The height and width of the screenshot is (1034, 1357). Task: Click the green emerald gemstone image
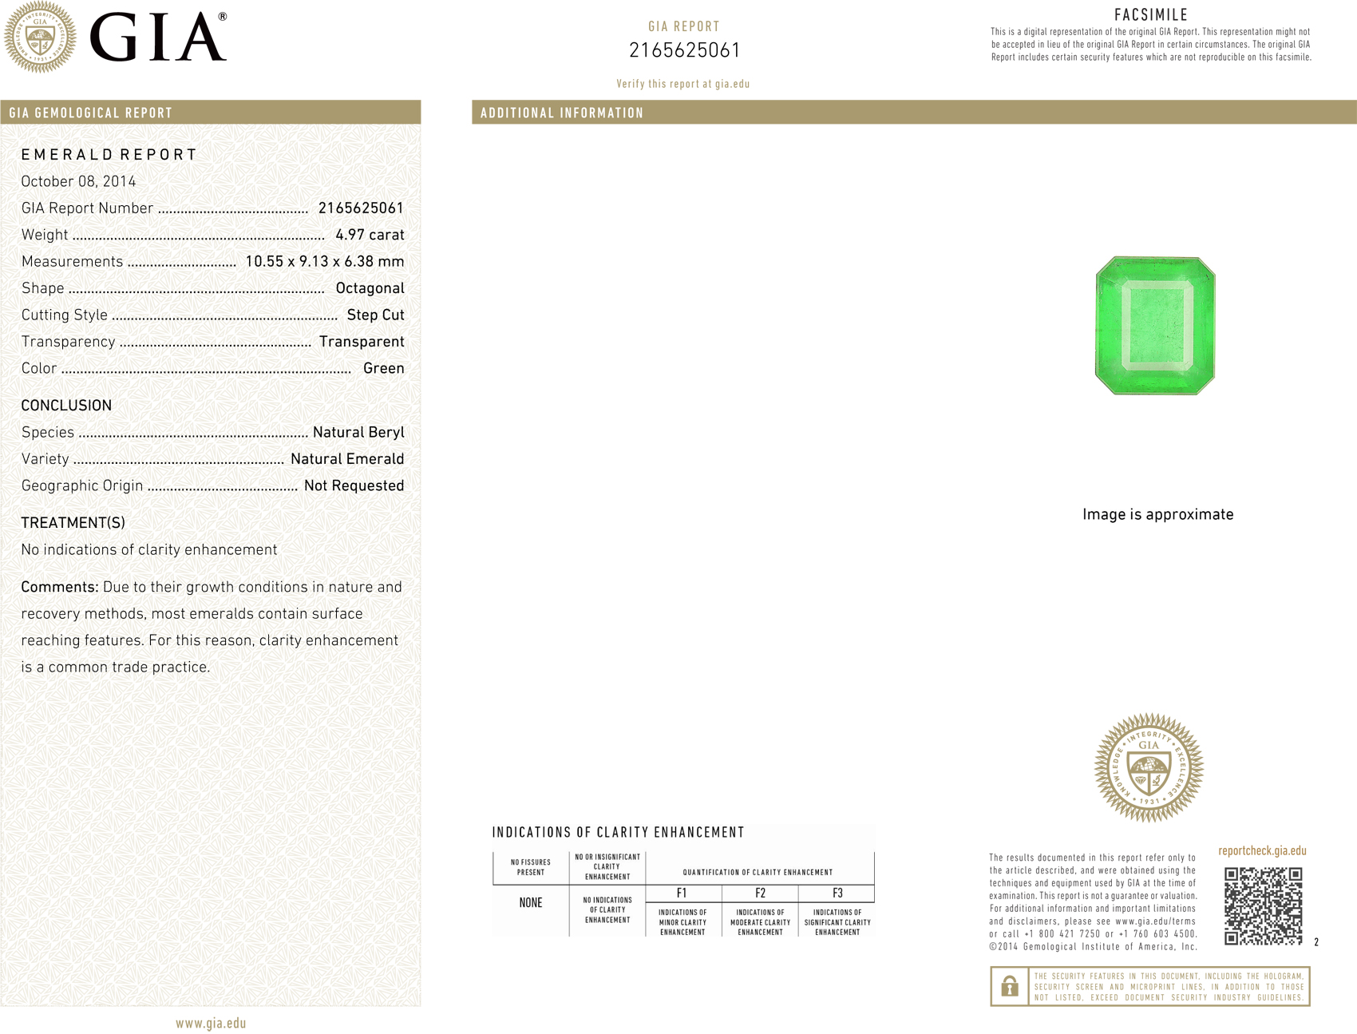[1155, 325]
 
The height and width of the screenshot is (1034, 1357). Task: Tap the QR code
[1263, 905]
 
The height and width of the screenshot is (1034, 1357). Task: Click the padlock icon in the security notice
[1010, 986]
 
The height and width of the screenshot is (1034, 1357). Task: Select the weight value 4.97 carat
[370, 235]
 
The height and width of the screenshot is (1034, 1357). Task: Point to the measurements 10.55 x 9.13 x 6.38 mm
[324, 262]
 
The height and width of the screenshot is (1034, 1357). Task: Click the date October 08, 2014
[78, 181]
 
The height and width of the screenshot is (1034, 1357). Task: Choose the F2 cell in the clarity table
[760, 893]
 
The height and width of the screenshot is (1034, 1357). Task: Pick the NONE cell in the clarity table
[531, 903]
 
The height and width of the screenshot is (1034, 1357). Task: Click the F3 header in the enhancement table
[837, 893]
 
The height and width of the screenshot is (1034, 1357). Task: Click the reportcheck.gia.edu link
[1262, 851]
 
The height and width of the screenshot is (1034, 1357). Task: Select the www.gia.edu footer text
[211, 1024]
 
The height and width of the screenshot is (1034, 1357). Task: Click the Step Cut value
[375, 315]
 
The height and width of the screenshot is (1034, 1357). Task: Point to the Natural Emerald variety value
[347, 459]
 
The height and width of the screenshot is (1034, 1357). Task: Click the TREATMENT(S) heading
[73, 523]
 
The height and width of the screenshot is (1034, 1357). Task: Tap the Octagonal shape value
[370, 288]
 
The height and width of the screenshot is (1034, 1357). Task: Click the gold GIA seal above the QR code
[1149, 768]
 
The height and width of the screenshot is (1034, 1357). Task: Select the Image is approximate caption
[1157, 515]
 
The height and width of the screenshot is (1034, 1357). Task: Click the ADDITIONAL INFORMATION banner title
[562, 113]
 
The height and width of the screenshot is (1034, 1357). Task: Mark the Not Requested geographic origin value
[354, 485]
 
